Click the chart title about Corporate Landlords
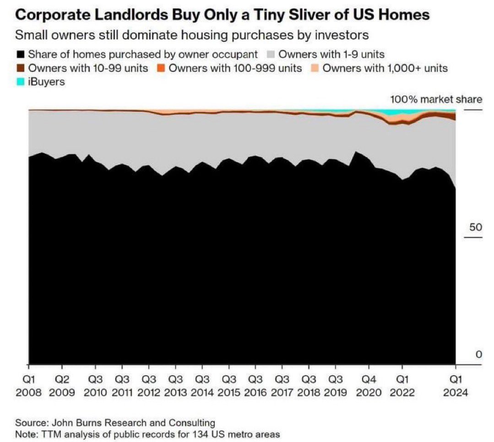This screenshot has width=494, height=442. tap(223, 15)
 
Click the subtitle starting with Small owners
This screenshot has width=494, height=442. tap(192, 35)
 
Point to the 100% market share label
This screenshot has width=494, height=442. tap(436, 99)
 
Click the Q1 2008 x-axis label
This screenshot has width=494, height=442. tap(29, 386)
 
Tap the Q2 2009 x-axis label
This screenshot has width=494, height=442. tap(62, 386)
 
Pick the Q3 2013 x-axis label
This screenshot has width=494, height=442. tap(174, 386)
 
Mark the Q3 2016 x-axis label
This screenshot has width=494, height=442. tap(255, 386)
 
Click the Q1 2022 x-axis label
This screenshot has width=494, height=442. tap(402, 386)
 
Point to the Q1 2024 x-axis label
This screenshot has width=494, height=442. tap(456, 386)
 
